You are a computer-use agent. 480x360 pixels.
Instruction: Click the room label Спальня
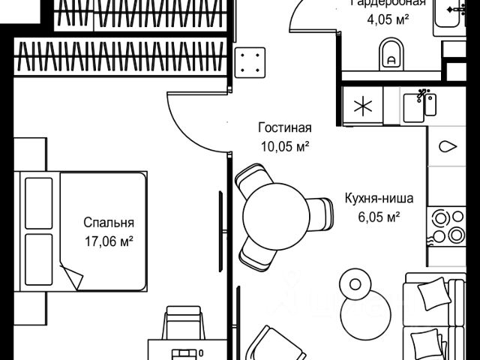coord(109,223)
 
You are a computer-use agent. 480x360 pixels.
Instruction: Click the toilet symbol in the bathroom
coord(390,52)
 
